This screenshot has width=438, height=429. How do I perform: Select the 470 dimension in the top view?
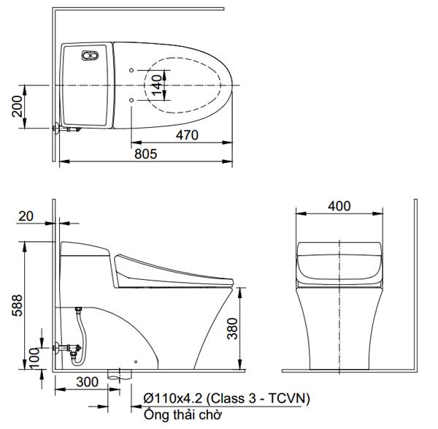coord(186,134)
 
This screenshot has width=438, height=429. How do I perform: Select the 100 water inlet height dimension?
coord(34,357)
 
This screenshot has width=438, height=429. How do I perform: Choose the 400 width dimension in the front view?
coord(339,206)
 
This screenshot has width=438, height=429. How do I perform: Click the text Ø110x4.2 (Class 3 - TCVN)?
coord(227,398)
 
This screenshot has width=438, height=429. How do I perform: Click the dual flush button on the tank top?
coord(91,56)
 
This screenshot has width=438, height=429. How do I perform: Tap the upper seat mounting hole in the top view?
coord(131,71)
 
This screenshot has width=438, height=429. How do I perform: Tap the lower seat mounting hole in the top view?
coord(131,99)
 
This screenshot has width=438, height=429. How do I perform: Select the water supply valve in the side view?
coord(69,348)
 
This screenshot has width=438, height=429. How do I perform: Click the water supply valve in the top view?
coord(64,131)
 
